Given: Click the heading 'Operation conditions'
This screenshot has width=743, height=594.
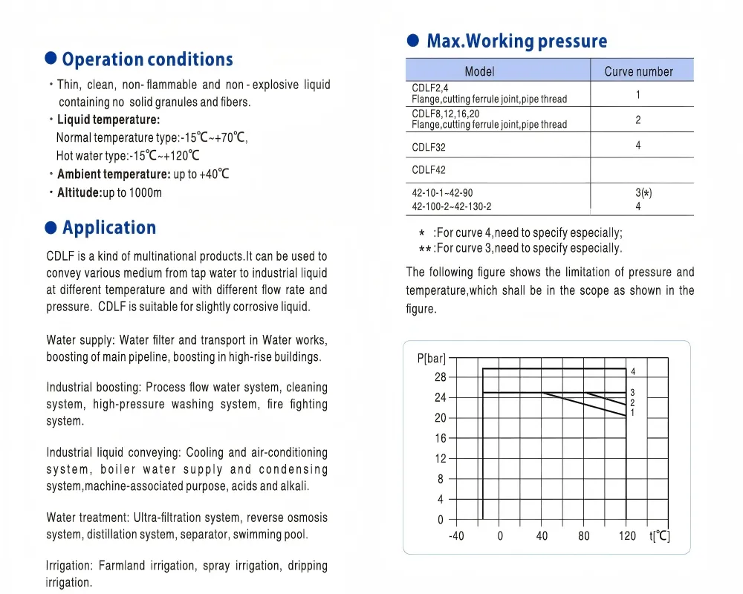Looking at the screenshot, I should pyautogui.click(x=147, y=59).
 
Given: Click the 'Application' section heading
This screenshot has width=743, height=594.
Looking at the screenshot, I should pyautogui.click(x=109, y=227).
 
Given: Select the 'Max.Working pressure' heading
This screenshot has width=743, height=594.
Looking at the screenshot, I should pyautogui.click(x=516, y=41).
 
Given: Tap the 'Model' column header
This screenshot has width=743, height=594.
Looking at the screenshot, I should pyautogui.click(x=479, y=71).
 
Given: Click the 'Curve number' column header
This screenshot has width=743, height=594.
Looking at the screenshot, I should pyautogui.click(x=638, y=71).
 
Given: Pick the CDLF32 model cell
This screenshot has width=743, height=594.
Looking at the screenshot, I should pyautogui.click(x=429, y=147).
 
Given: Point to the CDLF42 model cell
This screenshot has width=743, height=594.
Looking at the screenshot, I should pyautogui.click(x=429, y=170).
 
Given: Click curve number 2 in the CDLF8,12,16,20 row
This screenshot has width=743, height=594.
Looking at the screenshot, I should pyautogui.click(x=638, y=120).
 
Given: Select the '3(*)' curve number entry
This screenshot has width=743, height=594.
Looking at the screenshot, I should pyautogui.click(x=643, y=193).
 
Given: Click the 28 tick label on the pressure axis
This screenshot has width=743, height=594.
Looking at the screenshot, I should pyautogui.click(x=441, y=377).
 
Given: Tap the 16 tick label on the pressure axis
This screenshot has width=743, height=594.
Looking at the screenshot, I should pyautogui.click(x=441, y=438).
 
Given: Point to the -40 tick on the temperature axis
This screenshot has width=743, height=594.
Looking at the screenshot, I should pyautogui.click(x=456, y=536).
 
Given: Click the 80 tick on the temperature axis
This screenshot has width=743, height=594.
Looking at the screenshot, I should pyautogui.click(x=584, y=536).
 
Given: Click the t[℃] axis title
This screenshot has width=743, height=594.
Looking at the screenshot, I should pyautogui.click(x=659, y=536).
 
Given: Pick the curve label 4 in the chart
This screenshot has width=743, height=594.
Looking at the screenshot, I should pyautogui.click(x=633, y=371).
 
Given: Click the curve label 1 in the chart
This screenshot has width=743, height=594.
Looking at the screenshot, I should pyautogui.click(x=632, y=412).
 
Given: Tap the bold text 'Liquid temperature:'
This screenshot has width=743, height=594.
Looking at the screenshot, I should pyautogui.click(x=108, y=120).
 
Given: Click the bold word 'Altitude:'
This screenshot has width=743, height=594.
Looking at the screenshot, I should pyautogui.click(x=80, y=193).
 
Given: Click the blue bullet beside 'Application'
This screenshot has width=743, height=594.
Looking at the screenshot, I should pyautogui.click(x=51, y=226).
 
